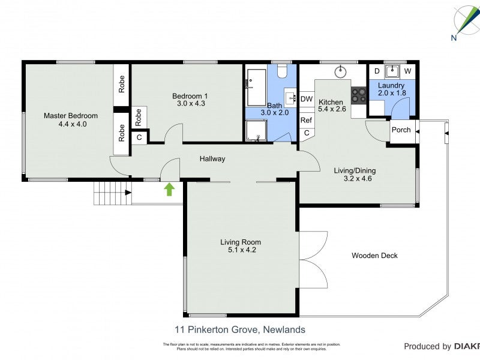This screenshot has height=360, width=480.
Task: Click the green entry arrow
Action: pyautogui.click(x=169, y=190)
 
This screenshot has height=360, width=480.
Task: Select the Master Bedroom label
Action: pyautogui.click(x=70, y=116)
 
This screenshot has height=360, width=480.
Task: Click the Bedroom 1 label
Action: pyautogui.click(x=190, y=96)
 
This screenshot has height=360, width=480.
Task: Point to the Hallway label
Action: pyautogui.click(x=212, y=159)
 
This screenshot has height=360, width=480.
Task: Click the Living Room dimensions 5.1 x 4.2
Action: pyautogui.click(x=241, y=250)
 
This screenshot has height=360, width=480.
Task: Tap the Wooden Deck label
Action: pyautogui.click(x=374, y=256)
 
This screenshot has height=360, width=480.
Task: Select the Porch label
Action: pyautogui.click(x=401, y=130)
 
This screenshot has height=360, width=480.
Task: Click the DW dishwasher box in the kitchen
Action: pyautogui.click(x=306, y=99)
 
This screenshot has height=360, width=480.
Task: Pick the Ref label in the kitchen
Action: pyautogui.click(x=306, y=120)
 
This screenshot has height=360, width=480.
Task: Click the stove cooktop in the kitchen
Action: pyautogui.click(x=359, y=94)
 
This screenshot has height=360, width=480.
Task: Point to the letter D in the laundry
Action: pyautogui.click(x=377, y=71)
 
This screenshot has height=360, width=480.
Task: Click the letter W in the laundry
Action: pyautogui.click(x=407, y=71)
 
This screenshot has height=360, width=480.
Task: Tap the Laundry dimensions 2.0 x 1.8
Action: pyautogui.click(x=392, y=93)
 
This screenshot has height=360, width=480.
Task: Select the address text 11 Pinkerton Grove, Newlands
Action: pyautogui.click(x=240, y=329)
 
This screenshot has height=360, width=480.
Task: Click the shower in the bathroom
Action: pyautogui.click(x=257, y=131)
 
